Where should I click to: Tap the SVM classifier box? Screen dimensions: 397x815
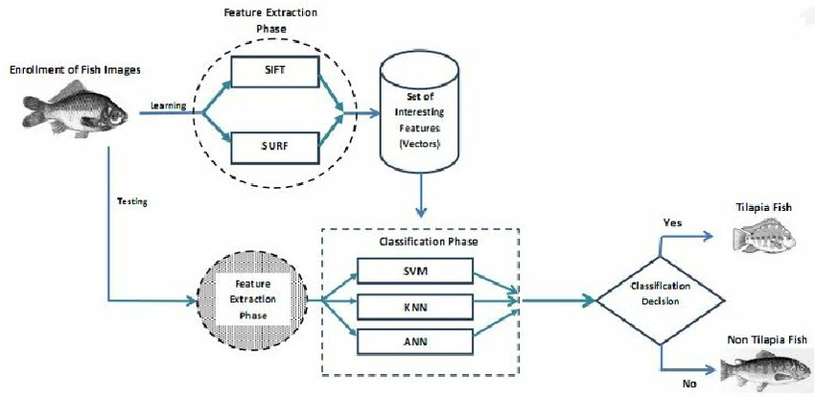coord(414,271)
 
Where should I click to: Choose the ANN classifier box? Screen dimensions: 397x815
coord(414,341)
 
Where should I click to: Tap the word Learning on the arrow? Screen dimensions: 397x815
coord(170,105)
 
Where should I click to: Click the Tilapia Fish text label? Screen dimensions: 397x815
coord(769,206)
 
